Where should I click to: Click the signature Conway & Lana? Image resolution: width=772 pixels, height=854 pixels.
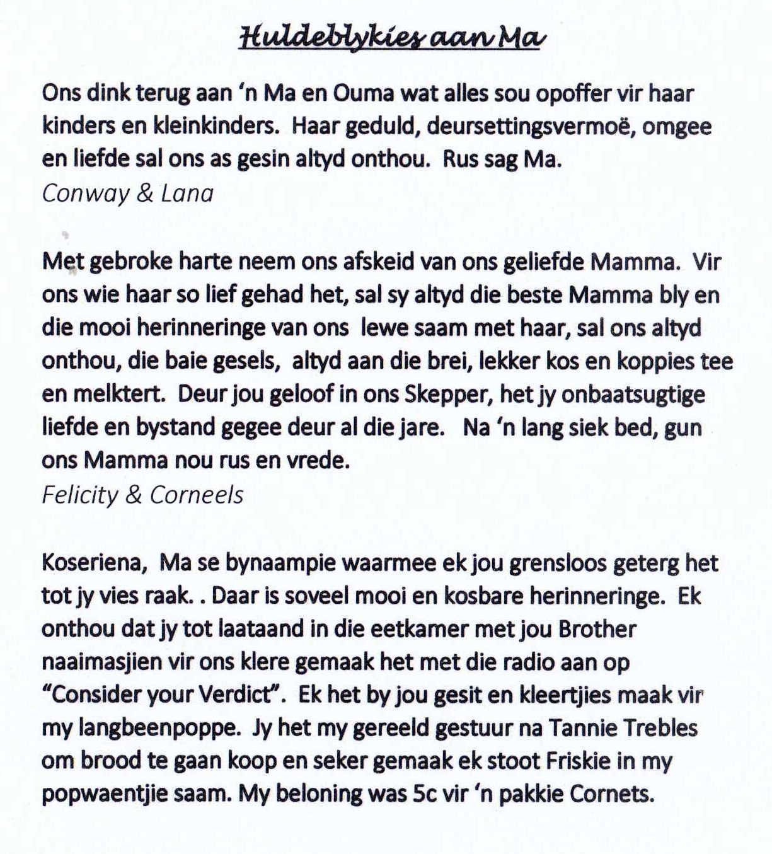128,193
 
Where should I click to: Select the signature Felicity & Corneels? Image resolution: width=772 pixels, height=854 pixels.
142,495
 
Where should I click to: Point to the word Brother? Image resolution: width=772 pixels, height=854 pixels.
597,629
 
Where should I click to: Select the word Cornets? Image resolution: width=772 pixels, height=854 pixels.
611,793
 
